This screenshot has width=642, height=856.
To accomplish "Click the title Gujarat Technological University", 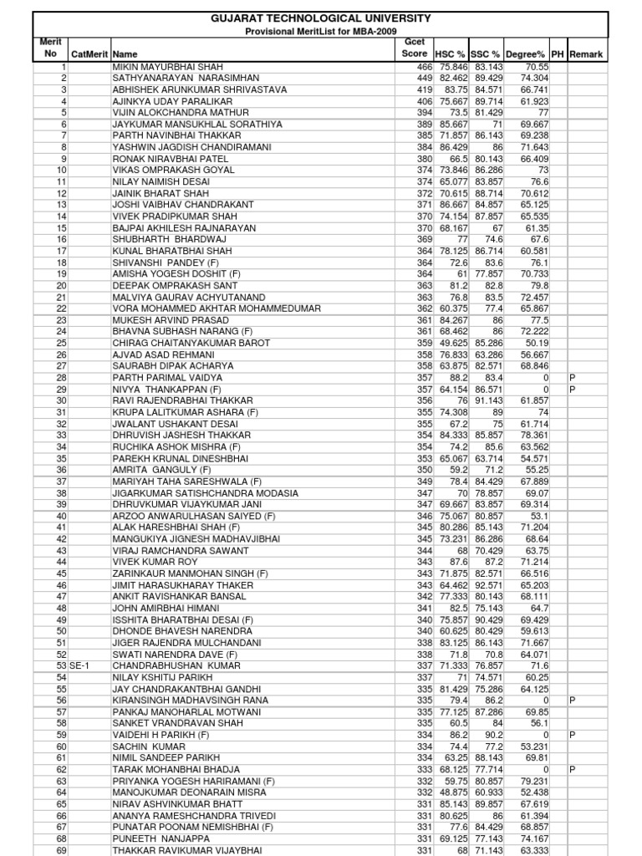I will [321, 18].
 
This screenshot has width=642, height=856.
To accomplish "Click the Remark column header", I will [587, 54].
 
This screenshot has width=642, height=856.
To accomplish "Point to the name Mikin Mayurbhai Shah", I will [167, 66].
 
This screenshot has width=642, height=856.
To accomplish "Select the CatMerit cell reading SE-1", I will [79, 665].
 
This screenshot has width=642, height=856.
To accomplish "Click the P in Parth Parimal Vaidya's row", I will [573, 378].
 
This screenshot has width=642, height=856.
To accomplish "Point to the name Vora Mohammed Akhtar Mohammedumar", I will [217, 308].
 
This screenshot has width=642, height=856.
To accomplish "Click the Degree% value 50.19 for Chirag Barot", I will [536, 343].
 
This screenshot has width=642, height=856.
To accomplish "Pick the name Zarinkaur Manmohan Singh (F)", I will [191, 573].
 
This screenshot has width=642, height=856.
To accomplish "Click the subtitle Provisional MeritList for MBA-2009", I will [321, 30].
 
